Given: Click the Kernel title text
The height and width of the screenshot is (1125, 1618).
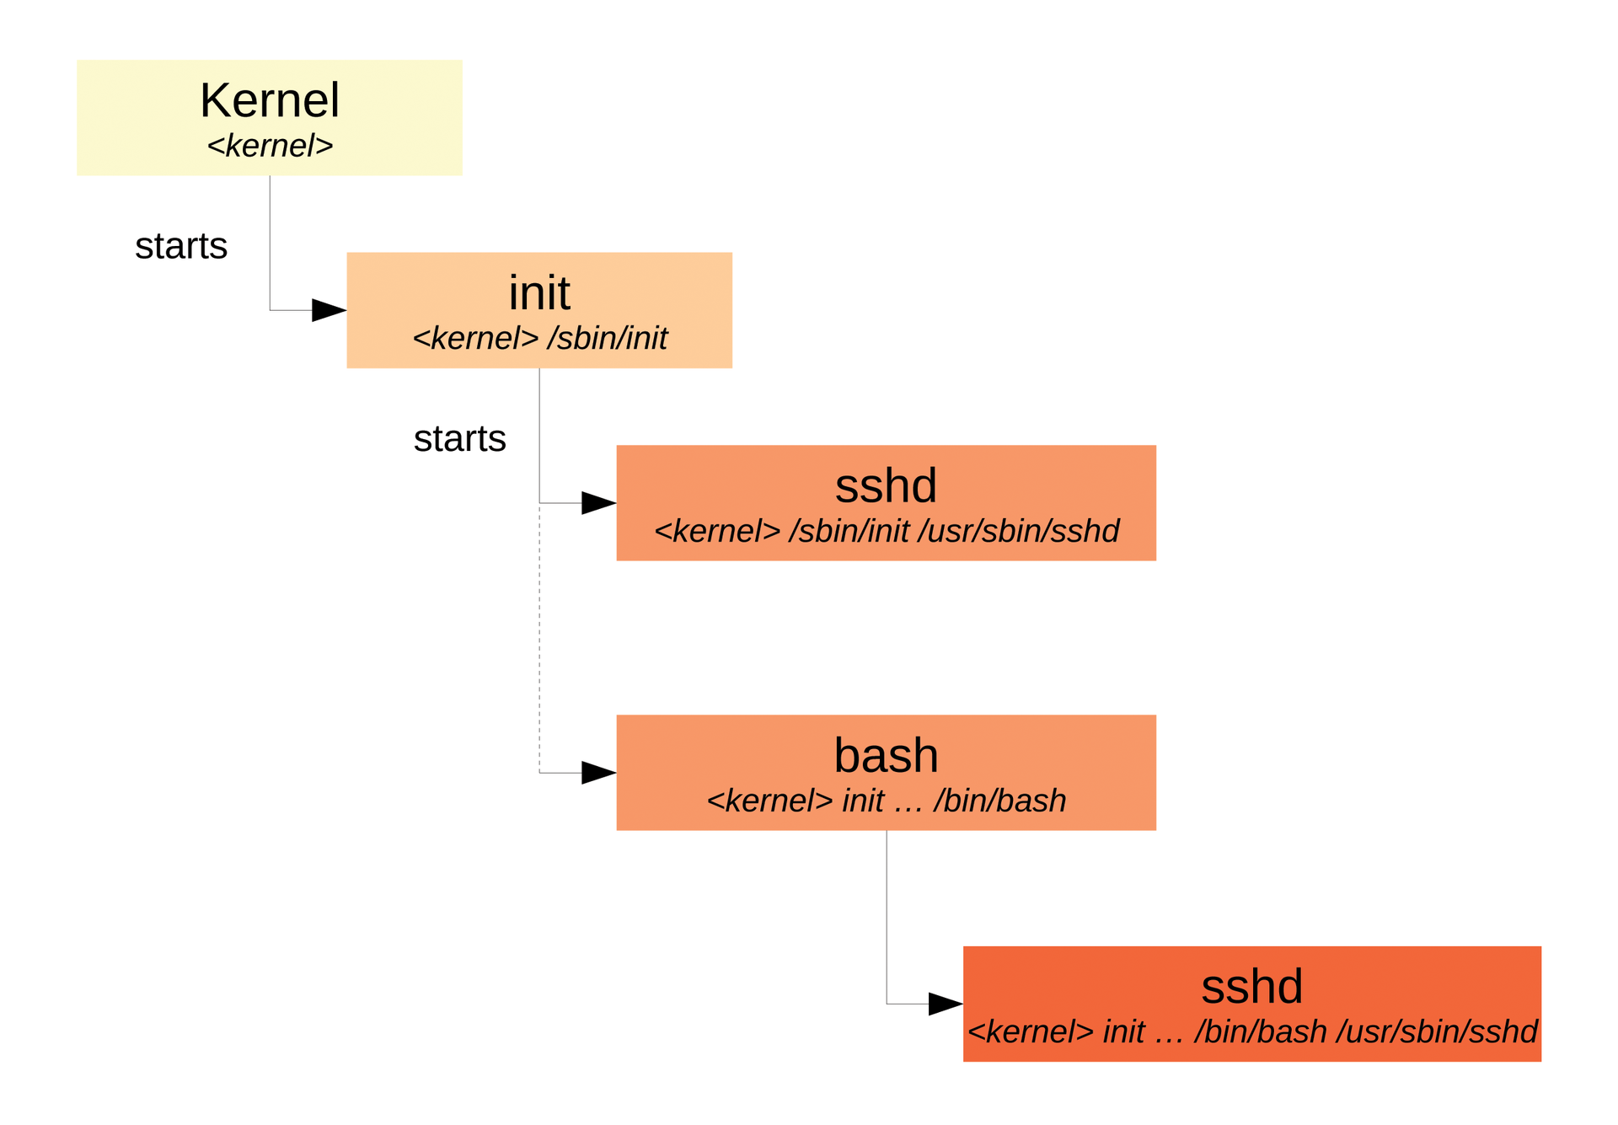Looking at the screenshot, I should pyautogui.click(x=270, y=100).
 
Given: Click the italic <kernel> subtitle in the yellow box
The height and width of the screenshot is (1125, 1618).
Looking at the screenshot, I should pyautogui.click(x=270, y=146).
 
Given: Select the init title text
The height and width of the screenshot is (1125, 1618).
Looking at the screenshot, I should pyautogui.click(x=539, y=293).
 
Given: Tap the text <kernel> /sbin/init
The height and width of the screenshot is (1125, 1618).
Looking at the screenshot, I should pyautogui.click(x=539, y=339).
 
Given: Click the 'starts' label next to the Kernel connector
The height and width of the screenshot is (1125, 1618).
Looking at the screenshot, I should pyautogui.click(x=181, y=246).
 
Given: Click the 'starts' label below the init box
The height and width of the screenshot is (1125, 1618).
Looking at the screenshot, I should pyautogui.click(x=459, y=439).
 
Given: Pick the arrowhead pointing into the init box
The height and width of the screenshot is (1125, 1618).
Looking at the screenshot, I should pyautogui.click(x=329, y=310).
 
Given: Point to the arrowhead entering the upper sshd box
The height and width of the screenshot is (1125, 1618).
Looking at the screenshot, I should pyautogui.click(x=598, y=503).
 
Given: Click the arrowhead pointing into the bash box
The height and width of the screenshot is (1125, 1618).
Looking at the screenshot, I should pyautogui.click(x=598, y=773).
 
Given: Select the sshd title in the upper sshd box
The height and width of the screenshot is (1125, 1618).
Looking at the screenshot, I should pyautogui.click(x=886, y=485).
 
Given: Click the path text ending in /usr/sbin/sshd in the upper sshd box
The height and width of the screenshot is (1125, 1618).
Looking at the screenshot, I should pyautogui.click(x=886, y=532).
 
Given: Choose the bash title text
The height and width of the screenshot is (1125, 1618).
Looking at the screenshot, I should pyautogui.click(x=886, y=755).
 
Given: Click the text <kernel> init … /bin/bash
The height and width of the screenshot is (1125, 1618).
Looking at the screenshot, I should pyautogui.click(x=886, y=801).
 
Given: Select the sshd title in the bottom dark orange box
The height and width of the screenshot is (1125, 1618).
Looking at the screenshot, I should pyautogui.click(x=1251, y=986).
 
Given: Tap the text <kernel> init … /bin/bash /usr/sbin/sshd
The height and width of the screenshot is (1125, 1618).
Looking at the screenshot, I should pyautogui.click(x=1251, y=1032).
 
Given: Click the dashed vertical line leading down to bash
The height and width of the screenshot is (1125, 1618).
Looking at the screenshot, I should pyautogui.click(x=539, y=640).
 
